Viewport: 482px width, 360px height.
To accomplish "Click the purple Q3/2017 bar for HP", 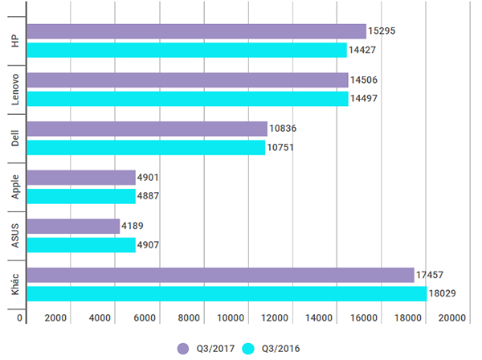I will click(x=196, y=31).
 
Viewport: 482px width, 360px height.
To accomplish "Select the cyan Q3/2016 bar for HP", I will click(x=186, y=50).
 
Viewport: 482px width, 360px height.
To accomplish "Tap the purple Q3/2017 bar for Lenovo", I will click(x=187, y=80).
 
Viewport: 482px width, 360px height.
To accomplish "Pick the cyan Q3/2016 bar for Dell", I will click(x=145, y=148).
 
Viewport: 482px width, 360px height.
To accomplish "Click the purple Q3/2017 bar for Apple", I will click(x=81, y=178).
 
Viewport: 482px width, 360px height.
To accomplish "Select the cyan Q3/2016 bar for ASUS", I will click(x=81, y=245).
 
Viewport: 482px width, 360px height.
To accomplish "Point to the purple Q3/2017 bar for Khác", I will click(x=220, y=275).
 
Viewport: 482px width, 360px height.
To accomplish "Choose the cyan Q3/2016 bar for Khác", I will click(x=227, y=294).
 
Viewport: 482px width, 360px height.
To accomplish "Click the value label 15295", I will click(x=382, y=31).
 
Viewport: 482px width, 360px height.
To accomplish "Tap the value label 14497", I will click(x=365, y=99).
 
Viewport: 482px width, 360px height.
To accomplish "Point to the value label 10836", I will click(x=284, y=129).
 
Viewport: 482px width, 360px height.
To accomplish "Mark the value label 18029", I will click(x=443, y=294).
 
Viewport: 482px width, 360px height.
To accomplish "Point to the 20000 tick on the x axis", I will click(x=451, y=319).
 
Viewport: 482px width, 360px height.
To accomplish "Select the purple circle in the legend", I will click(x=182, y=348).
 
